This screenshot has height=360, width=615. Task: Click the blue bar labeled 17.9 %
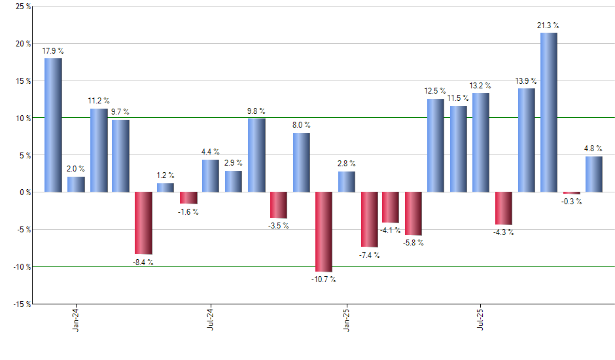coord(53,125)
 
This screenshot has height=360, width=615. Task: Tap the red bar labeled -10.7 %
coord(324,232)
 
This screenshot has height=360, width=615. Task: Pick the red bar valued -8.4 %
coord(143,223)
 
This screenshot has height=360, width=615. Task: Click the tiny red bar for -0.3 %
coord(572,193)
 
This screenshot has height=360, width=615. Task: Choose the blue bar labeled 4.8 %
coord(594,174)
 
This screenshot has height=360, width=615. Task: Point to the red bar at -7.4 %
coord(369,219)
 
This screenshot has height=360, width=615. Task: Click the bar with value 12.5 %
coord(436,145)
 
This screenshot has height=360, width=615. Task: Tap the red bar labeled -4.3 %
coord(504,208)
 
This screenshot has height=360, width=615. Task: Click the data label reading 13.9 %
coord(526,81)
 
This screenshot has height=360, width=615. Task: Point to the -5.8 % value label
coord(413,243)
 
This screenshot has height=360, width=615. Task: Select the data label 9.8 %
coord(256,111)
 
